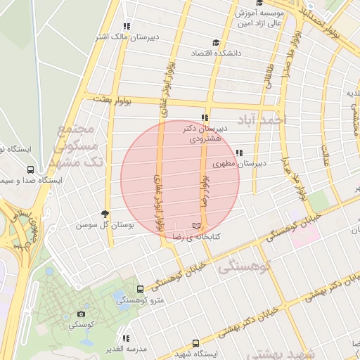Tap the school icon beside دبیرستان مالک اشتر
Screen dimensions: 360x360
click(126, 26)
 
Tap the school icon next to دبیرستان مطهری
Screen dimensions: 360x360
click(240, 153)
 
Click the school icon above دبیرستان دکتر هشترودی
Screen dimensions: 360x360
click(204, 118)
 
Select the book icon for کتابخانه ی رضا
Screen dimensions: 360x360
click(196, 226)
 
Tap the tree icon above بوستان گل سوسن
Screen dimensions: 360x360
click(105, 214)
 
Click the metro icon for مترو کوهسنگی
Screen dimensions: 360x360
click(141, 289)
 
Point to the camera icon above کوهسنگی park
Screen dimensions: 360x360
click(82, 314)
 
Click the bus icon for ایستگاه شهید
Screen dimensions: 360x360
click(196, 344)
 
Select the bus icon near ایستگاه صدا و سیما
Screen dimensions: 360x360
click(30, 170)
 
